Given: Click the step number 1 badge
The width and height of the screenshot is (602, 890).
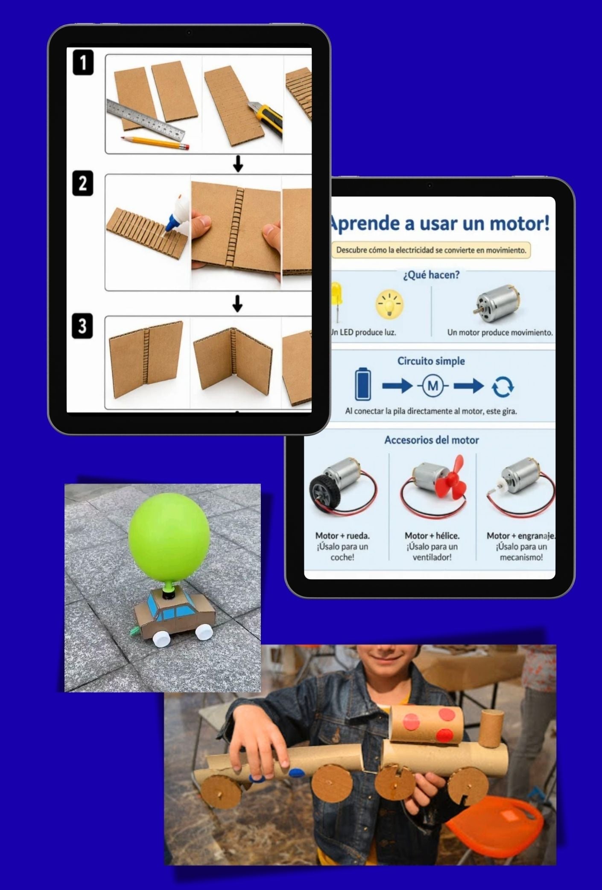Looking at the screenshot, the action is tap(83, 63).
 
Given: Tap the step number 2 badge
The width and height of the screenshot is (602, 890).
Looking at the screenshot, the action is tap(82, 183).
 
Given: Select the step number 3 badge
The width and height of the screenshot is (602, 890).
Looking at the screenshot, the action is tap(82, 326).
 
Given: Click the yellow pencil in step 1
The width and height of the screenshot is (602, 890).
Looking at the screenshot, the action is tap(155, 143).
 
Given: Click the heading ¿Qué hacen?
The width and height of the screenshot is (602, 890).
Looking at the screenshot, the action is tap(431, 275).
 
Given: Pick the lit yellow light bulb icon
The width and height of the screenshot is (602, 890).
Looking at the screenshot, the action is tap(389, 304).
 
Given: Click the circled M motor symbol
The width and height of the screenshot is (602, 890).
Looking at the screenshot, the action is tap(433, 386).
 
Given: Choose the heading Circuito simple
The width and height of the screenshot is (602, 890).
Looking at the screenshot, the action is tap(431, 361).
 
